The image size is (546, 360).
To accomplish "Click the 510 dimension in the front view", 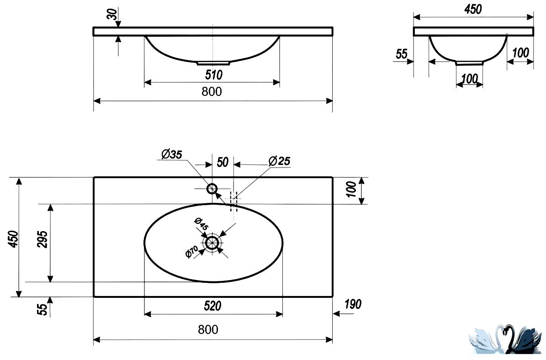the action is [213, 75].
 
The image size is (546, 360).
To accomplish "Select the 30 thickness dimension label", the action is [112, 14].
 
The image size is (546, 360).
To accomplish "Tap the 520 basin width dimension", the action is [212, 306].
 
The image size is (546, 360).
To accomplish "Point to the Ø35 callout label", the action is [172, 154].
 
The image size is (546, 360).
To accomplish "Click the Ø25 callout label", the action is [279, 161].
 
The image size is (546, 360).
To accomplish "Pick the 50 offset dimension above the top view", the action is [223, 162].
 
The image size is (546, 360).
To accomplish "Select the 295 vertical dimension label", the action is [42, 239].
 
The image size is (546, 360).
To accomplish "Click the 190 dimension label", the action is [353, 304].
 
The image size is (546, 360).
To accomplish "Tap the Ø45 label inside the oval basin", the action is [201, 223].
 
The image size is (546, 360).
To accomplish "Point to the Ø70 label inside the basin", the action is [192, 251].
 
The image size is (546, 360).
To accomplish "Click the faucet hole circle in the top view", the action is [212, 189].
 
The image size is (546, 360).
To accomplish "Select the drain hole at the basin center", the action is [212, 243].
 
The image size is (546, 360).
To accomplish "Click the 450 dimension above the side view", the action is [473, 10].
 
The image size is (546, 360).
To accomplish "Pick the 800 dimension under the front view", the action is [212, 91].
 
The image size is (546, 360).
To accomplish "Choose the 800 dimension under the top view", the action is [208, 329].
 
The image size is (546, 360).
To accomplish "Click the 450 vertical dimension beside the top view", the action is [13, 239].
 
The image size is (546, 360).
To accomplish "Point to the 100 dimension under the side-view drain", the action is [469, 78].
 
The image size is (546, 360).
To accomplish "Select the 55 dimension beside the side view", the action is [402, 54].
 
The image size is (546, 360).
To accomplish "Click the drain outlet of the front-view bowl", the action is [213, 64].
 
